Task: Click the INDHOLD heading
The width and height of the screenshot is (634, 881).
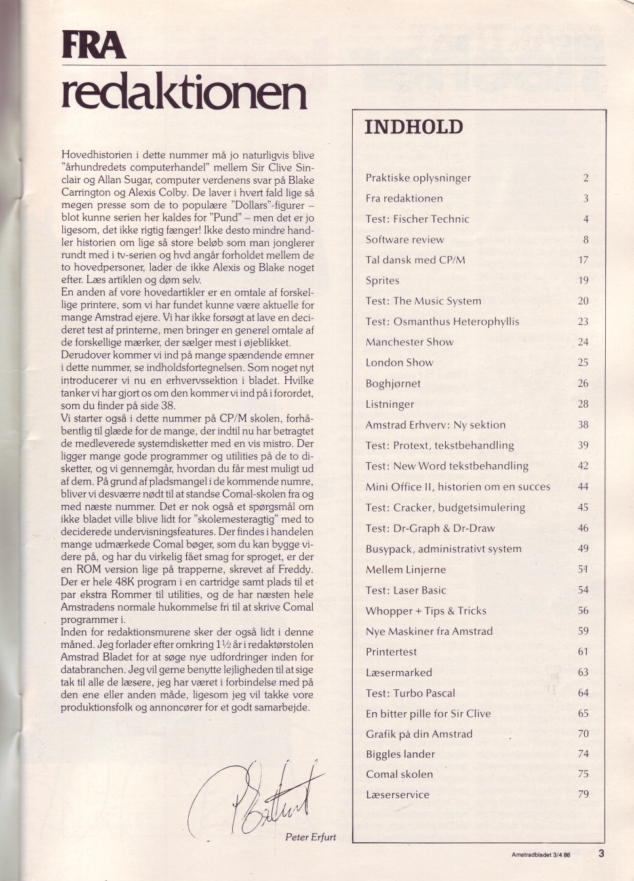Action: pos(414,127)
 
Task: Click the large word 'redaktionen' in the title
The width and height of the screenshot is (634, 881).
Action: pos(184,93)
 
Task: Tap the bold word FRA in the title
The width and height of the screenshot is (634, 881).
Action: pos(93,45)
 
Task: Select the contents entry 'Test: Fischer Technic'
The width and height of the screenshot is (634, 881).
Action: pos(418,219)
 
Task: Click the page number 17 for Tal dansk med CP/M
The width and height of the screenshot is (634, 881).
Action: pos(583,260)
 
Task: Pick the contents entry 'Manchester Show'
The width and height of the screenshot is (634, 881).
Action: pos(410,342)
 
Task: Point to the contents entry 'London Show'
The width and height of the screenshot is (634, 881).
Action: pos(399,362)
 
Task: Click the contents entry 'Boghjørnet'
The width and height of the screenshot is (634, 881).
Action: pos(393,383)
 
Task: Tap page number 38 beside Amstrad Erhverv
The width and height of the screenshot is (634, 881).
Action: pos(583,425)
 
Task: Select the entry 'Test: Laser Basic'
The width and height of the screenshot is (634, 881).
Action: pos(406,590)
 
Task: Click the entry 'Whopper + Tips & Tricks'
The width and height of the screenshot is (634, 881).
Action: pos(426,611)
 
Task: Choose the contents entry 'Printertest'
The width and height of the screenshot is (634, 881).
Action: pos(391,652)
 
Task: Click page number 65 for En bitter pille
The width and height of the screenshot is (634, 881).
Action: pos(583,714)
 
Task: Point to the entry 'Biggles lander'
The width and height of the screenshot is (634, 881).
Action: pos(401,754)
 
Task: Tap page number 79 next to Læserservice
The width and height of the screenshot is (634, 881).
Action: pos(583,794)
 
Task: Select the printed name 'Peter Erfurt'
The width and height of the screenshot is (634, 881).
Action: pos(311,837)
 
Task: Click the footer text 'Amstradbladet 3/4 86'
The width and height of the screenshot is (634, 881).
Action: pos(541,855)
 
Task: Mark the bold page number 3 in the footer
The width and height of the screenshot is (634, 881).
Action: pos(601,854)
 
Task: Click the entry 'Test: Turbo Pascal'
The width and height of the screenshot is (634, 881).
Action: pos(410,693)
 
